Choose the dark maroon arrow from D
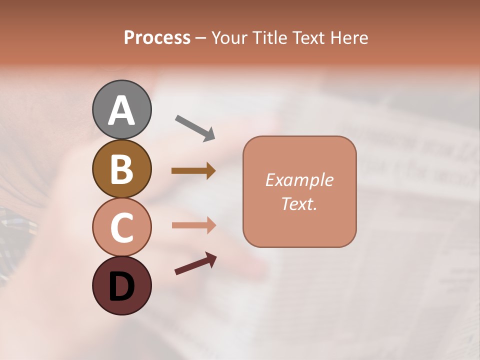tap(195, 263)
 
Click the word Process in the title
tap(157, 38)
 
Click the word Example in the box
tap(299, 180)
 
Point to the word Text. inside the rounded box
tap(299, 203)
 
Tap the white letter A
tap(121, 110)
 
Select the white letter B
tap(121, 169)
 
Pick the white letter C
tap(121, 228)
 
